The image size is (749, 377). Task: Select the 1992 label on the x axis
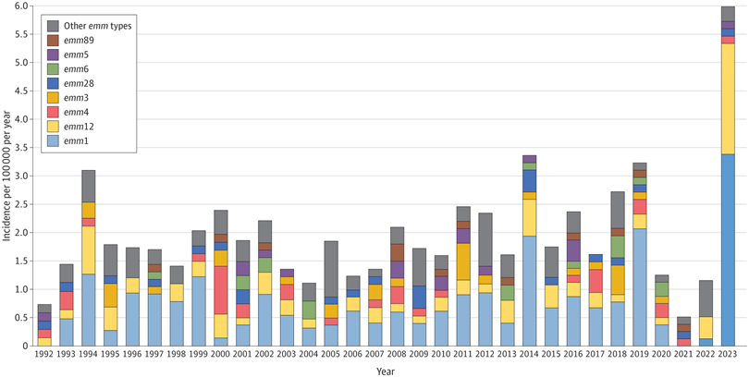point(44,355)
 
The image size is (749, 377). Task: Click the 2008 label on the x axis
point(397,355)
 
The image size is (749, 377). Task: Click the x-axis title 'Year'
point(387,371)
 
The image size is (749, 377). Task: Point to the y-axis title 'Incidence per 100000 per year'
point(6,176)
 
